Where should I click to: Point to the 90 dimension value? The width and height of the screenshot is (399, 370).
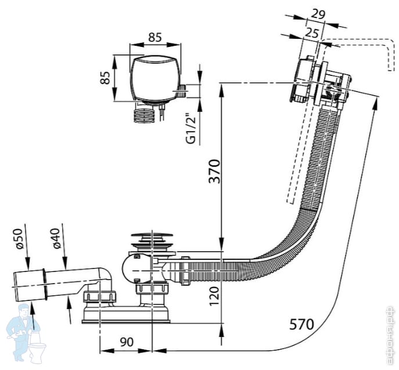pos(125,342)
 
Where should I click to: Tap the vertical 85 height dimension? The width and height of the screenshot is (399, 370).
pos(106,78)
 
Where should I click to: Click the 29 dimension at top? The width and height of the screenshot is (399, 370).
pos(317,13)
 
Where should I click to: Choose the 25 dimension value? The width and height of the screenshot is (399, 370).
pos(311,34)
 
